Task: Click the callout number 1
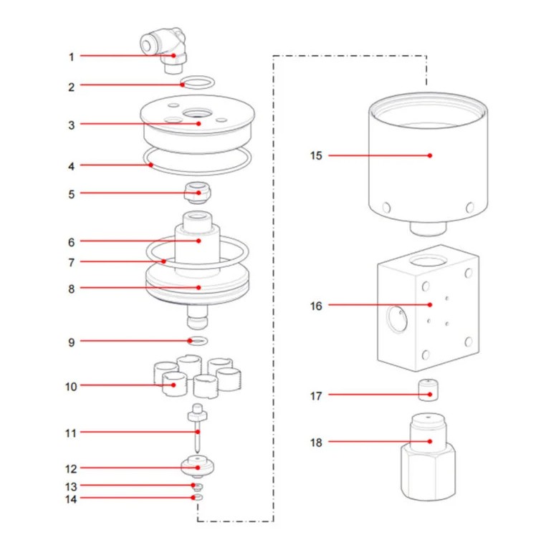[x=71, y=56]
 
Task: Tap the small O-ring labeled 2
[x=196, y=82]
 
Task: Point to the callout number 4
[x=71, y=165]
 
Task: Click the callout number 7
[x=71, y=262]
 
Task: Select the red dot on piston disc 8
[x=199, y=289]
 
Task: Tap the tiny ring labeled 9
[x=198, y=340]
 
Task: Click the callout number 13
[x=71, y=486]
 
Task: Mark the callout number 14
[x=71, y=498]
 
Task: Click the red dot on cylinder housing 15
[x=430, y=155]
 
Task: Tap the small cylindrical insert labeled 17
[x=428, y=392]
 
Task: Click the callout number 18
[x=316, y=443]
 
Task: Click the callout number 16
[x=316, y=306]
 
